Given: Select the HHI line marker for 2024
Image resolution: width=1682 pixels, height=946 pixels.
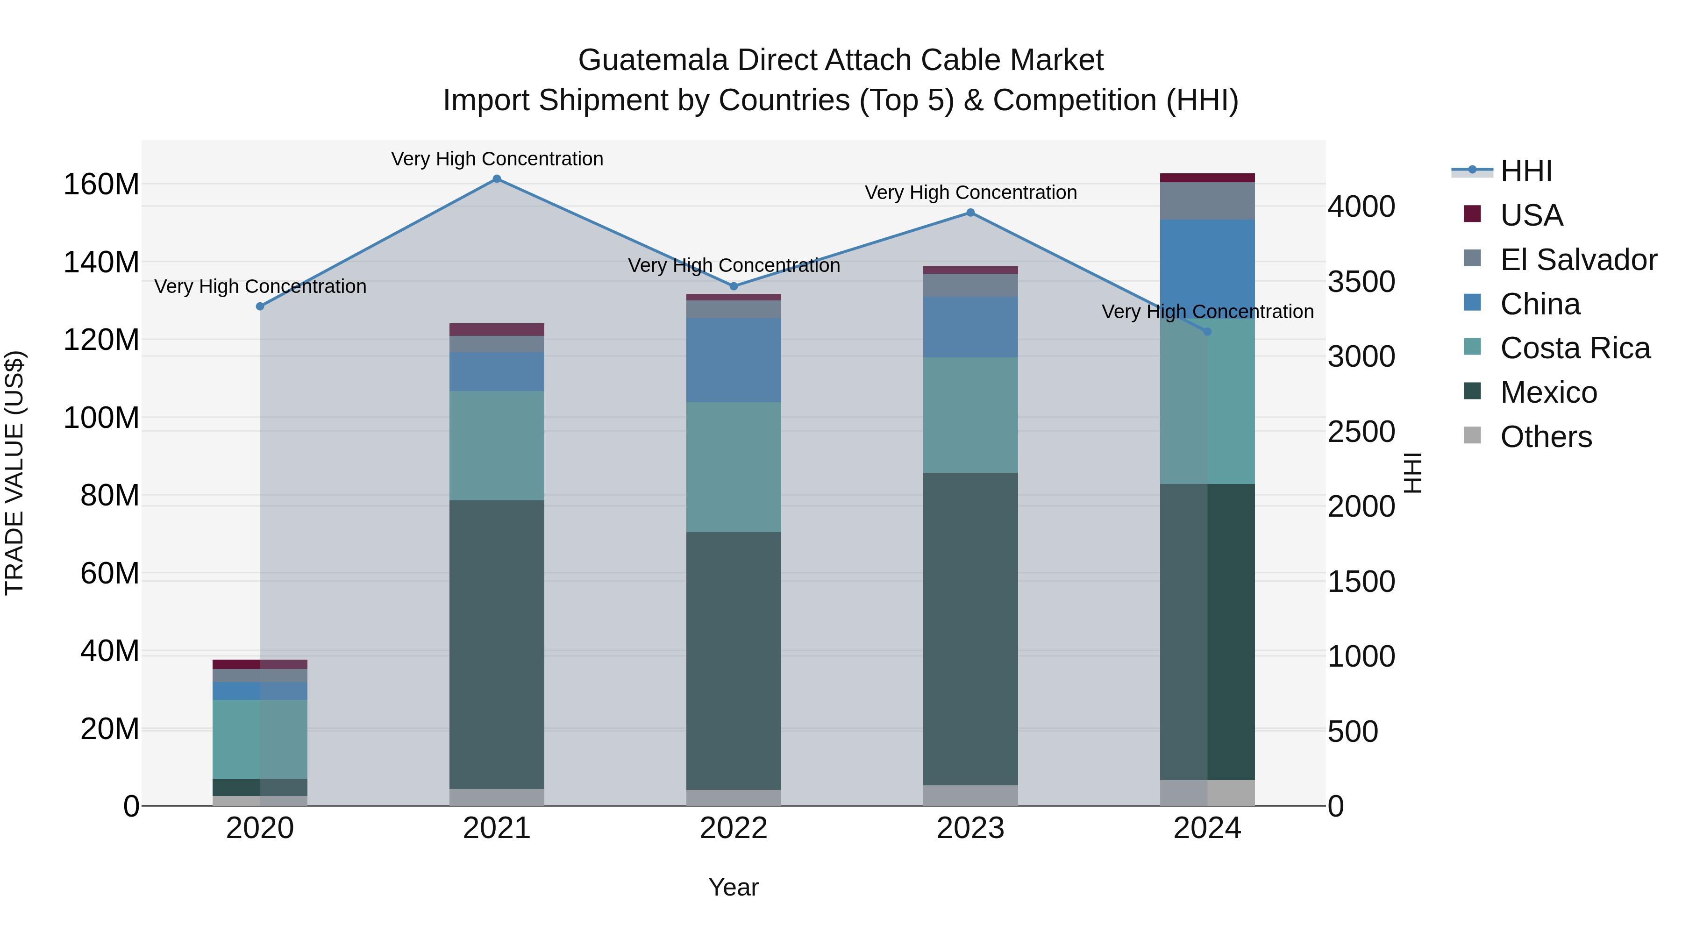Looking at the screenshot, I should pyautogui.click(x=1207, y=332).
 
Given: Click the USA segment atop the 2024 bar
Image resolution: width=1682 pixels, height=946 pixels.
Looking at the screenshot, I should pyautogui.click(x=1207, y=178).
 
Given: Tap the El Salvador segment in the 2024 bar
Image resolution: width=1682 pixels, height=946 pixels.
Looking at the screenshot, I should pyautogui.click(x=1207, y=200).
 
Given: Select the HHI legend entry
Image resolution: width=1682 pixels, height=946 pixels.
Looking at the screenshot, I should pyautogui.click(x=1525, y=171).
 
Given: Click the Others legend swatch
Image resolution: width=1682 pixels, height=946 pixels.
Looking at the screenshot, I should pyautogui.click(x=1472, y=435).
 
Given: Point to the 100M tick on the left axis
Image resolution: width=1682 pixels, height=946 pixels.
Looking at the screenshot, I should pyautogui.click(x=101, y=418).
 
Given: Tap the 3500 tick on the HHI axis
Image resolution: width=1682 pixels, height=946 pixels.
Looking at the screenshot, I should pyautogui.click(x=1361, y=282).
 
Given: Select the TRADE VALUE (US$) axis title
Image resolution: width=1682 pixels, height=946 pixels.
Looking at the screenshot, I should pyautogui.click(x=14, y=473).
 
